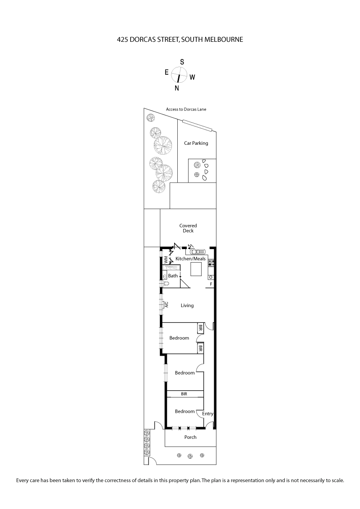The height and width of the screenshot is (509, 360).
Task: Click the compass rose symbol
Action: point(179,74)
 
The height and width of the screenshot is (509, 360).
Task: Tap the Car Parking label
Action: point(196,143)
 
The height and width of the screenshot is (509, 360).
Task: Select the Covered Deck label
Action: point(188,228)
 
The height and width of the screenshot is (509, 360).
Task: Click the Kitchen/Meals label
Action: point(190,259)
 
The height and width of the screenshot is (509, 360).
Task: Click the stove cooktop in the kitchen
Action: point(211,263)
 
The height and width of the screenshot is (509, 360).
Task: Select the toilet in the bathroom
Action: point(166,284)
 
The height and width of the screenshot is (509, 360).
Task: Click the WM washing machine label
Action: point(166,260)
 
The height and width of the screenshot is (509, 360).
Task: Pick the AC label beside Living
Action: point(166,304)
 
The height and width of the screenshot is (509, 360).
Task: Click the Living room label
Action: point(187,305)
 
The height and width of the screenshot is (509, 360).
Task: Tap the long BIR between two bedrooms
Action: point(184,394)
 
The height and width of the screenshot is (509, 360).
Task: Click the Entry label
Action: point(207,414)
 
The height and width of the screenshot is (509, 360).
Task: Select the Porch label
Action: point(190,437)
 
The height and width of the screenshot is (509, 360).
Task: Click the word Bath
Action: point(173,276)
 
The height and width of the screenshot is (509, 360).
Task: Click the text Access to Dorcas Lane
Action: point(186,109)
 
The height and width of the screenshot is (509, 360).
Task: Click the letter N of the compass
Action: point(177,88)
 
